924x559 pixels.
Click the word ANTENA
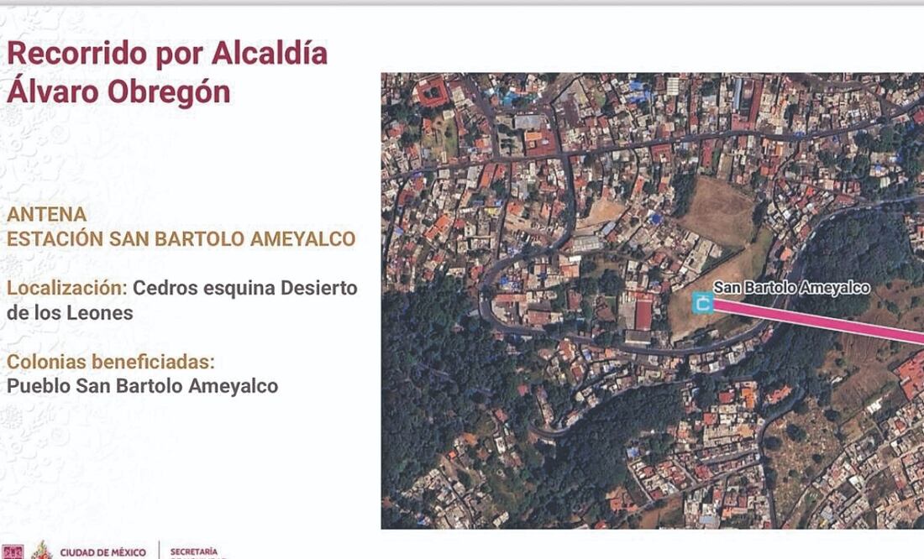pos(47,215)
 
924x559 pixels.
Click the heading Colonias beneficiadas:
pos(111,363)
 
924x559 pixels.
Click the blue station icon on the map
pos(702,302)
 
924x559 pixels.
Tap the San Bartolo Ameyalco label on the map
pos(791,288)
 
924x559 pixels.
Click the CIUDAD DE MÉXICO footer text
pos(102,552)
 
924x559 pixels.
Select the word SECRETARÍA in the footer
pos(194,552)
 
